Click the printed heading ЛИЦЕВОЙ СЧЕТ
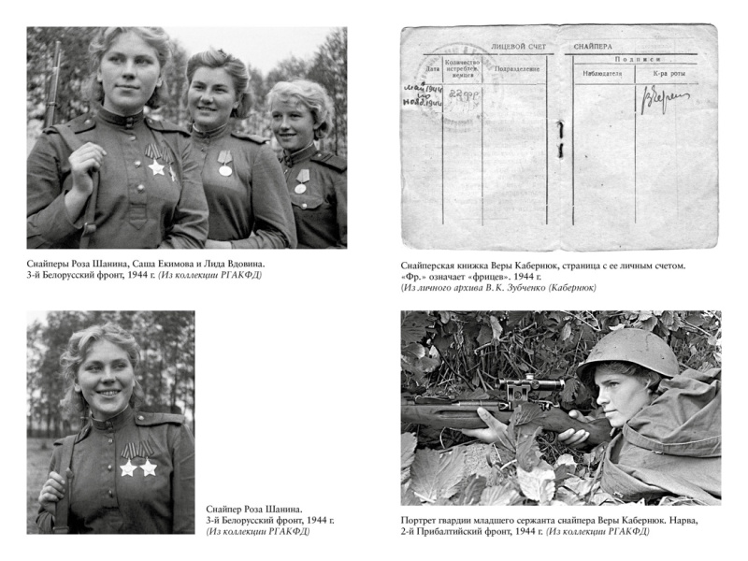coord(518,45)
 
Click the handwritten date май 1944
coord(420,88)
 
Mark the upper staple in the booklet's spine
coord(559,126)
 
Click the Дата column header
coord(431,67)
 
